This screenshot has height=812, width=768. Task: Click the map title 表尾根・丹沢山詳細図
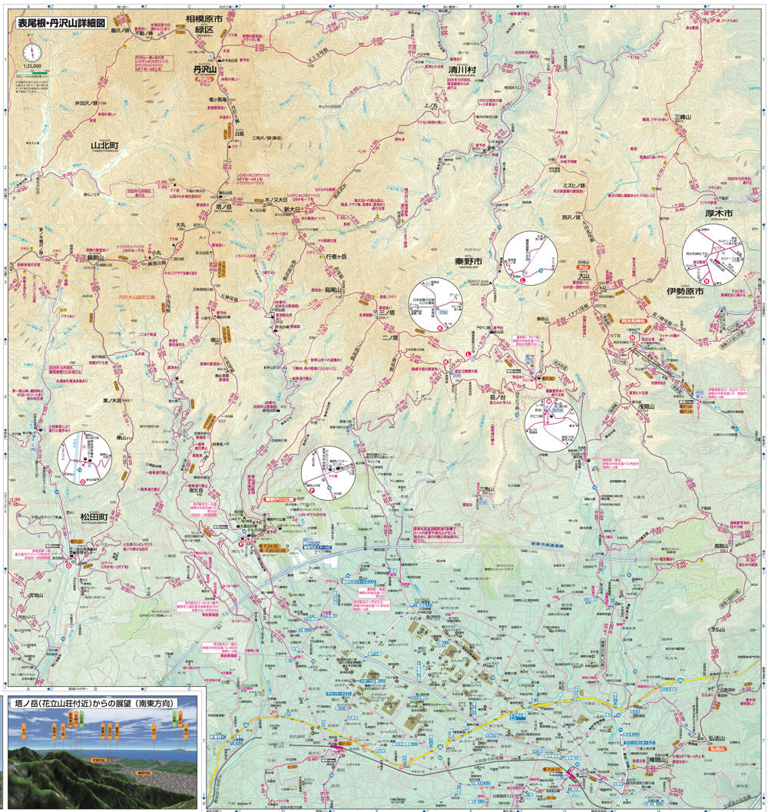click(61, 23)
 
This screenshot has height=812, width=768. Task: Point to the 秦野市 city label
click(467, 261)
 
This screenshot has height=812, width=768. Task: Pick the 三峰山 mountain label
click(683, 117)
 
